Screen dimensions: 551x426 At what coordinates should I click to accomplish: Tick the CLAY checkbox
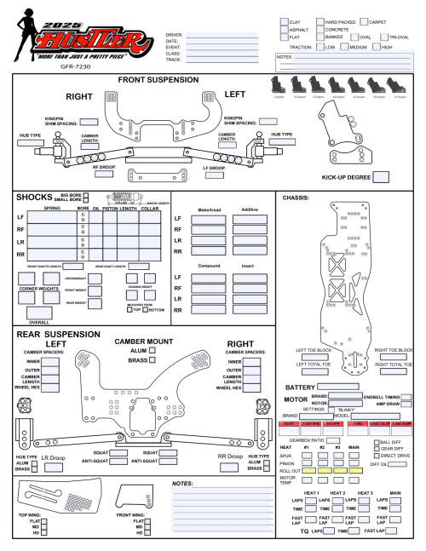pyautogui.click(x=284, y=20)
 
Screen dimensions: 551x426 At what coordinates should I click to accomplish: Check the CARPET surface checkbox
pyautogui.click(x=364, y=20)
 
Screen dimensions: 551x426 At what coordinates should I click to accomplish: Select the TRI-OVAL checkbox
pyautogui.click(x=384, y=37)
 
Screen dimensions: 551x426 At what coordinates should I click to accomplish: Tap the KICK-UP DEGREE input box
pyautogui.click(x=381, y=177)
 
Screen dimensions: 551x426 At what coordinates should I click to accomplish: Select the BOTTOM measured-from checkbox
pyautogui.click(x=143, y=309)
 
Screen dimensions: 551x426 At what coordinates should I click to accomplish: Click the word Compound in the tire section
pyautogui.click(x=208, y=267)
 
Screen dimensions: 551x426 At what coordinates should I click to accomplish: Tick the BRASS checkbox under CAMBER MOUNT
pyautogui.click(x=153, y=360)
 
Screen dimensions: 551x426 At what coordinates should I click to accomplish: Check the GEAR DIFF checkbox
pyautogui.click(x=377, y=449)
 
